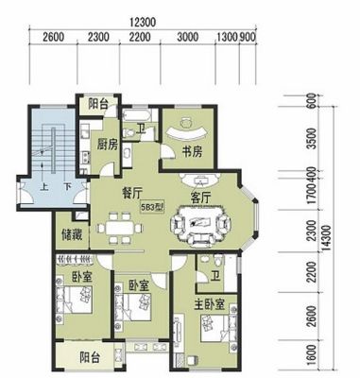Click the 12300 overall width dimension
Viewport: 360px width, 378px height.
click(x=143, y=23)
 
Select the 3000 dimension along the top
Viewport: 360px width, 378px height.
click(x=188, y=37)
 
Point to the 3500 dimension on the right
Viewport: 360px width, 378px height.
click(x=312, y=139)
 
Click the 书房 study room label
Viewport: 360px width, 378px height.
click(x=192, y=152)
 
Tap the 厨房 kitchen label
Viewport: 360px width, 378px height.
click(x=108, y=145)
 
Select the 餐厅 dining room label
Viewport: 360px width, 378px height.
click(x=131, y=194)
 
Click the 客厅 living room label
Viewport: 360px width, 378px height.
click(x=200, y=198)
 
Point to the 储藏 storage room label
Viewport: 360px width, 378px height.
click(x=72, y=234)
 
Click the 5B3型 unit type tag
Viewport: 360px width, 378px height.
click(x=152, y=207)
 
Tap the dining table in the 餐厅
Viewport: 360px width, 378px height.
click(x=120, y=228)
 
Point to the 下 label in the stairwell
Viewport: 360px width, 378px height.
click(x=66, y=187)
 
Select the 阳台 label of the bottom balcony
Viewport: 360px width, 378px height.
click(x=90, y=358)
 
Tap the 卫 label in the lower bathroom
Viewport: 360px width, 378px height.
click(x=215, y=276)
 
